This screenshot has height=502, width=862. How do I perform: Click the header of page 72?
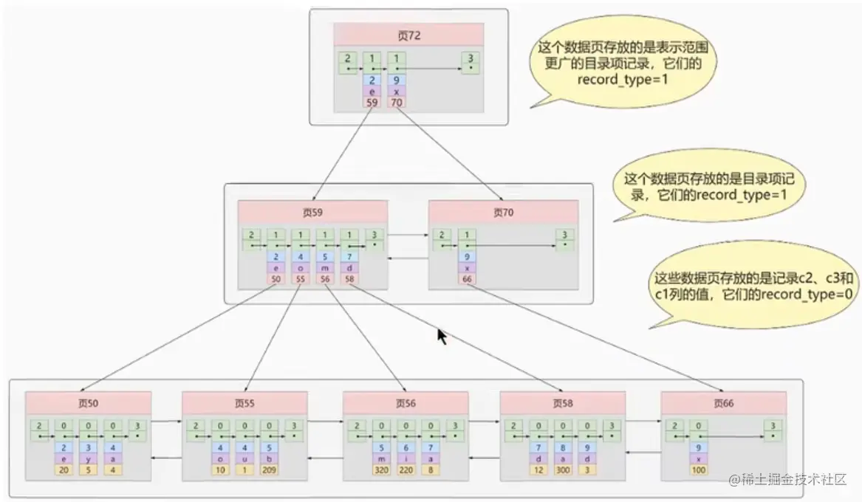[x=408, y=35]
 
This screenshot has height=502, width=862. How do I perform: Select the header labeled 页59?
[x=312, y=212]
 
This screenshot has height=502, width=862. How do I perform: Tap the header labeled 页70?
[x=503, y=212]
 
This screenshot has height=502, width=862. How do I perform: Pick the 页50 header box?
[x=88, y=403]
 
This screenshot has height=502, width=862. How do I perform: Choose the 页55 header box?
[x=244, y=403]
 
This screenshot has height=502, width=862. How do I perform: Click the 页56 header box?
[x=405, y=403]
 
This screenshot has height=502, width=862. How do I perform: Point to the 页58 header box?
[x=563, y=403]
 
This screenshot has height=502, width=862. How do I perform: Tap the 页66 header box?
[x=723, y=403]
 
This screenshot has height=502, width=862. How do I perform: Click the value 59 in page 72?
[x=372, y=103]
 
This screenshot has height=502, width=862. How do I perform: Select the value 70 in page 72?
[x=396, y=103]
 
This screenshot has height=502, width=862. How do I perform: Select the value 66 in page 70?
[x=466, y=281]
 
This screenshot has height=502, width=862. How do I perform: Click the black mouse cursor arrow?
[x=442, y=337]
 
